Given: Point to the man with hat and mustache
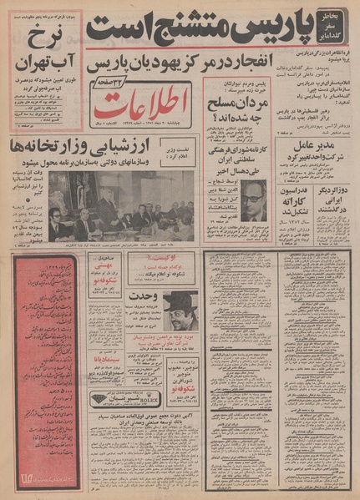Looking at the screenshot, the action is point(180,311).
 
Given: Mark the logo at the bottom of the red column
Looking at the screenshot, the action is point(44,477).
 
